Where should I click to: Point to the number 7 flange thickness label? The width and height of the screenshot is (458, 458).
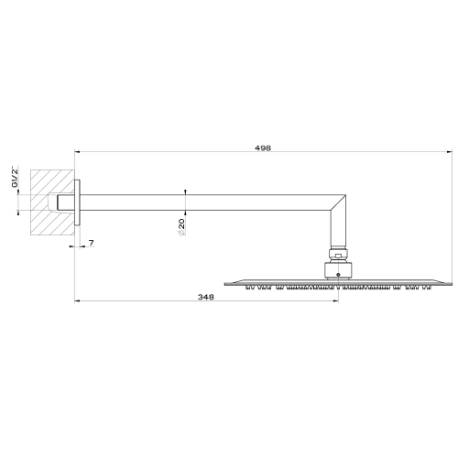coord(92,243)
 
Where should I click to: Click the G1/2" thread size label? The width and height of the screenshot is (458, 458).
coord(15,177)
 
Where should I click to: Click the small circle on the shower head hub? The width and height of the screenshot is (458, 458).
coord(336,273)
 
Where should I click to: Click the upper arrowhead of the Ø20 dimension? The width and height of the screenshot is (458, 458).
coord(186,191)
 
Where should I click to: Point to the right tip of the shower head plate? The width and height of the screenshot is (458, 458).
coord(450,282)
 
